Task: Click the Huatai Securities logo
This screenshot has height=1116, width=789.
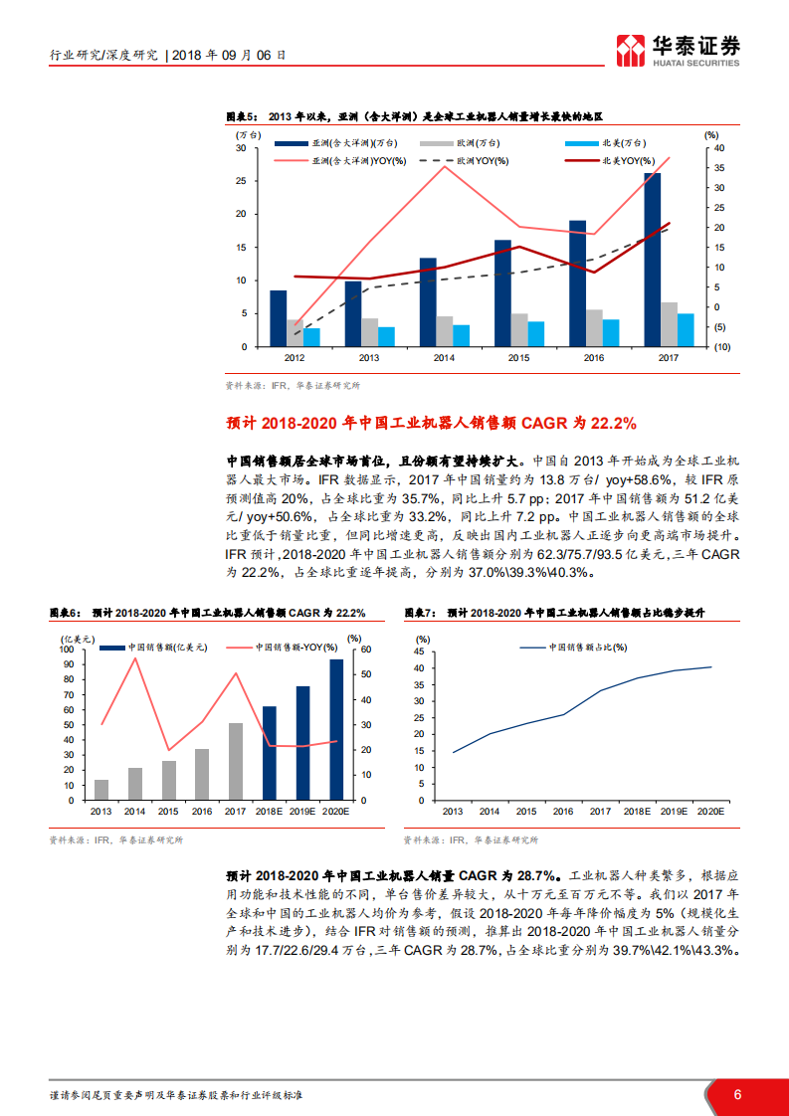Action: pyautogui.click(x=679, y=49)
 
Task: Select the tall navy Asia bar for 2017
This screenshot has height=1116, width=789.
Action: pyautogui.click(x=652, y=260)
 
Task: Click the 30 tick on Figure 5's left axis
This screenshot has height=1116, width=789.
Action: pyautogui.click(x=241, y=148)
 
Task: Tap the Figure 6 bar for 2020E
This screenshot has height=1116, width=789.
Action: pyautogui.click(x=336, y=729)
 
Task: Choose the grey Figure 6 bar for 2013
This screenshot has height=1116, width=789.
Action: pyautogui.click(x=101, y=789)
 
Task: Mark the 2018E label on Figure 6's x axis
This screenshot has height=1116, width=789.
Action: pyautogui.click(x=270, y=811)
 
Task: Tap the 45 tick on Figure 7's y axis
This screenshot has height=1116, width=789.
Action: pyautogui.click(x=419, y=650)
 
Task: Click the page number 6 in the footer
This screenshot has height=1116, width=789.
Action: pyautogui.click(x=737, y=1094)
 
